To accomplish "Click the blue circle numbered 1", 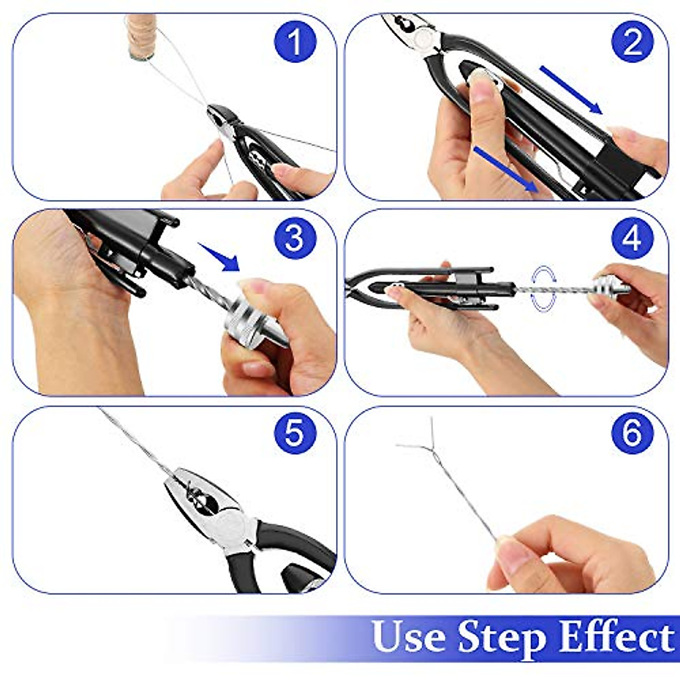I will [295, 41].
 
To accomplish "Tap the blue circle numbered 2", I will [632, 41].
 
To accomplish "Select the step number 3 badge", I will [295, 238].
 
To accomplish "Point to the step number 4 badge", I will [632, 238].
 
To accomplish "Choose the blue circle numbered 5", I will [295, 433].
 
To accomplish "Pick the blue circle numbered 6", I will [632, 433].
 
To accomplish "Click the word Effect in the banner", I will [617, 637].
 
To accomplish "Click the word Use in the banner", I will [409, 637].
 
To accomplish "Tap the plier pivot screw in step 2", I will [422, 39].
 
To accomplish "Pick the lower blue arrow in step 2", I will [504, 169].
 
